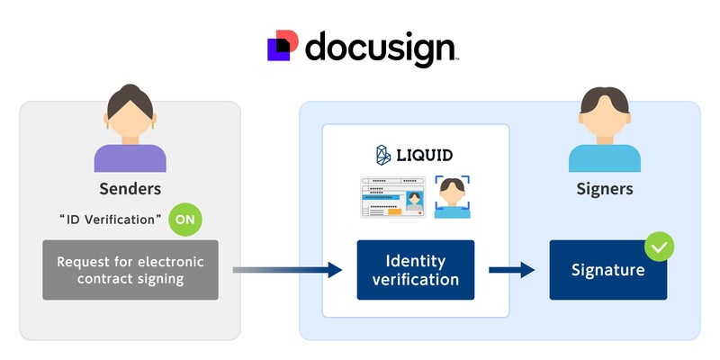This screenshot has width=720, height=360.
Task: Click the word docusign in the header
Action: click(x=380, y=48)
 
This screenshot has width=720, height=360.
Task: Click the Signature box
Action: click(x=607, y=270)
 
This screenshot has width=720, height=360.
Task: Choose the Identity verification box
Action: click(x=415, y=270)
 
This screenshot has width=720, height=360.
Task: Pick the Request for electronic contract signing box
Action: click(x=130, y=270)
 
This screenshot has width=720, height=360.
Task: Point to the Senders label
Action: click(x=130, y=190)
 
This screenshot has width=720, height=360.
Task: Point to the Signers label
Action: click(x=605, y=190)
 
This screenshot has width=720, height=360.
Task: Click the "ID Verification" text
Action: click(x=111, y=220)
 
